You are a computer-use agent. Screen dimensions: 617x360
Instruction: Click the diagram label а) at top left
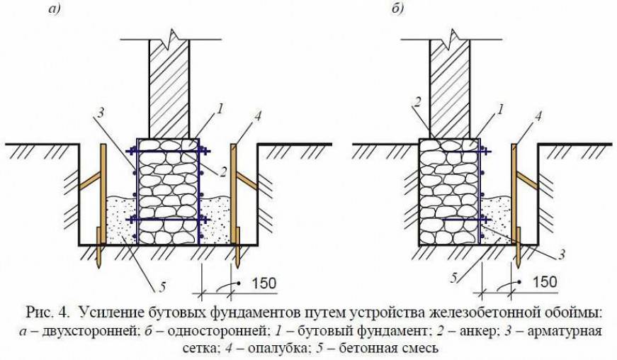[x=55, y=9]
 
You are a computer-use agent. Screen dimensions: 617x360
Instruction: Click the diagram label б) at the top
[x=397, y=9]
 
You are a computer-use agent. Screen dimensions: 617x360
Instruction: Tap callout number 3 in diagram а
[x=100, y=113]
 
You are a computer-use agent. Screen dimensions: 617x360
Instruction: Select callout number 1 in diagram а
[x=221, y=108]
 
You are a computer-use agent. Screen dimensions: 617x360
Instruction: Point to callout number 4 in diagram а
[x=258, y=116]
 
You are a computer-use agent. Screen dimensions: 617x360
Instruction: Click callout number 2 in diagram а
[x=223, y=172]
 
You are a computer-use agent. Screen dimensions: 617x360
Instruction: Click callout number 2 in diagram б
[x=417, y=102]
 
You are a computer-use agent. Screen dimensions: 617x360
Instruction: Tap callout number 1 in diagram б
[x=500, y=109]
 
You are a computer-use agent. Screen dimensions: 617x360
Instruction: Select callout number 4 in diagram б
[x=538, y=116]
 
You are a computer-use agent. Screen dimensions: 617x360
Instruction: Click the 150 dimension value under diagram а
[x=264, y=283]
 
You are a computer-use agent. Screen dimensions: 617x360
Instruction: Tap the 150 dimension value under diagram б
[x=544, y=282]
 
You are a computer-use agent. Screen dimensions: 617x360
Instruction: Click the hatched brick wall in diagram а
[x=169, y=89]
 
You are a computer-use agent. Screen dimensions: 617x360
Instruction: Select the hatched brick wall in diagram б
[x=450, y=89]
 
